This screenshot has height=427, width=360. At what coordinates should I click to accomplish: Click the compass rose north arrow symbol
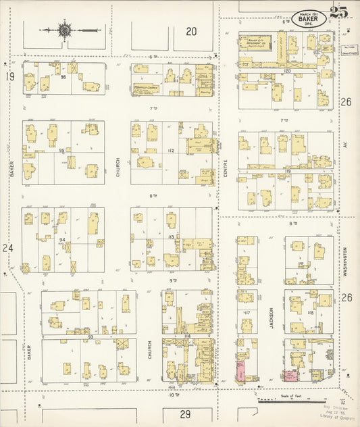click(65, 30)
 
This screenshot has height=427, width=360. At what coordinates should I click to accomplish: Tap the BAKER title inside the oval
click(310, 19)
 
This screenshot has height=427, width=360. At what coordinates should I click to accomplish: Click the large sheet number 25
click(339, 12)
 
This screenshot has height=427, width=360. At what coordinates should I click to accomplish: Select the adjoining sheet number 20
click(192, 30)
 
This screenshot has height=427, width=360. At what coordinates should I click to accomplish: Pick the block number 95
click(62, 151)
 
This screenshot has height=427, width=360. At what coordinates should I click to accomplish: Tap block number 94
click(62, 240)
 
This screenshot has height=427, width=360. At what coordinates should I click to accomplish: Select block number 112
click(171, 151)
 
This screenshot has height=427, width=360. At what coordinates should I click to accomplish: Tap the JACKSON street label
click(272, 318)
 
